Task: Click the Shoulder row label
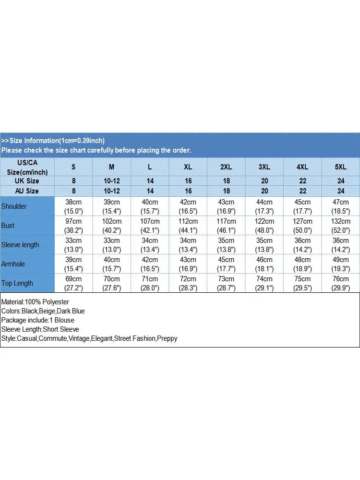tap(14, 206)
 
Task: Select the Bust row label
tap(8, 226)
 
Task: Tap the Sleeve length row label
tap(20, 245)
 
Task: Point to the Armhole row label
tap(13, 264)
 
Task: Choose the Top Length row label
tap(17, 283)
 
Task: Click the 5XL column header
tap(340, 167)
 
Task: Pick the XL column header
tap(188, 167)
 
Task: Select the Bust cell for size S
tap(73, 226)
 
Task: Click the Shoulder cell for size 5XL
tap(340, 206)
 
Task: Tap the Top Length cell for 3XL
tap(264, 283)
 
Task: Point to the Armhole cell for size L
tap(150, 264)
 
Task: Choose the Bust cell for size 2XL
tap(226, 226)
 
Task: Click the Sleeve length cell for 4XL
tap(302, 245)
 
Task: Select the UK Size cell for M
tap(112, 181)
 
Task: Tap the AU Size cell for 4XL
tap(302, 191)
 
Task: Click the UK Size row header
tap(27, 181)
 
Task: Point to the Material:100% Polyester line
tap(35, 302)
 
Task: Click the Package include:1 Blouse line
tap(37, 320)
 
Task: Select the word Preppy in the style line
tap(168, 338)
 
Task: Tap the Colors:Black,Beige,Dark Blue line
tap(43, 311)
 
